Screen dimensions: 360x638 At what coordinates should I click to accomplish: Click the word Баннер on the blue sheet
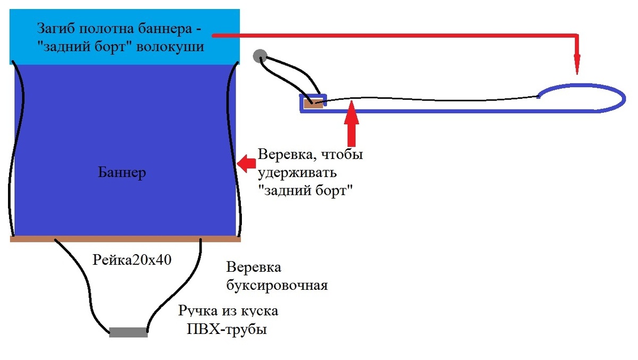[122, 173]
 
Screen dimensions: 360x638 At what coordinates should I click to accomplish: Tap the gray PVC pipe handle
[128, 332]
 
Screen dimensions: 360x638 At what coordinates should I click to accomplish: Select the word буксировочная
[276, 286]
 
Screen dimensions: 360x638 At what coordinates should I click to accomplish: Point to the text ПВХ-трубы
[226, 329]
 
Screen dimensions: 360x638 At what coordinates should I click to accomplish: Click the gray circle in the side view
[259, 56]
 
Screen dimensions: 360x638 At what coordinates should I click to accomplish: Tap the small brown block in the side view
[313, 103]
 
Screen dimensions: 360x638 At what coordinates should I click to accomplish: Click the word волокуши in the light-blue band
[170, 46]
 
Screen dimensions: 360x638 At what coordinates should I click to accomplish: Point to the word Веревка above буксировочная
[254, 267]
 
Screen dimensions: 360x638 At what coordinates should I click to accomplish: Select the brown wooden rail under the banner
[125, 239]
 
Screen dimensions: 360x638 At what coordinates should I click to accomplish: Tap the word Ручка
[196, 311]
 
